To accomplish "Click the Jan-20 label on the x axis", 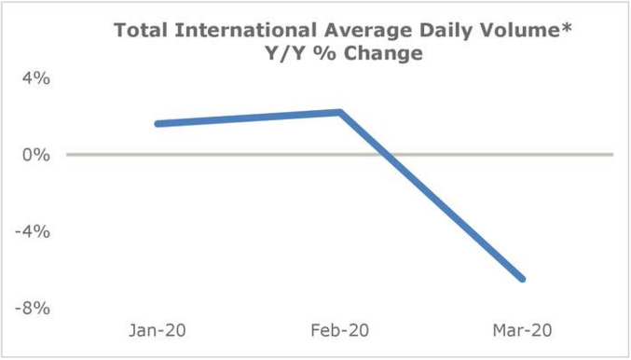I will click(x=159, y=332).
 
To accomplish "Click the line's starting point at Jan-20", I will click(x=158, y=123).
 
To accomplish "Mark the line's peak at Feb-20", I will click(x=340, y=112).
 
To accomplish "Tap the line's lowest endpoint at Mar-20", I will click(x=522, y=279).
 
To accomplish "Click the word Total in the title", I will click(x=139, y=31).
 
